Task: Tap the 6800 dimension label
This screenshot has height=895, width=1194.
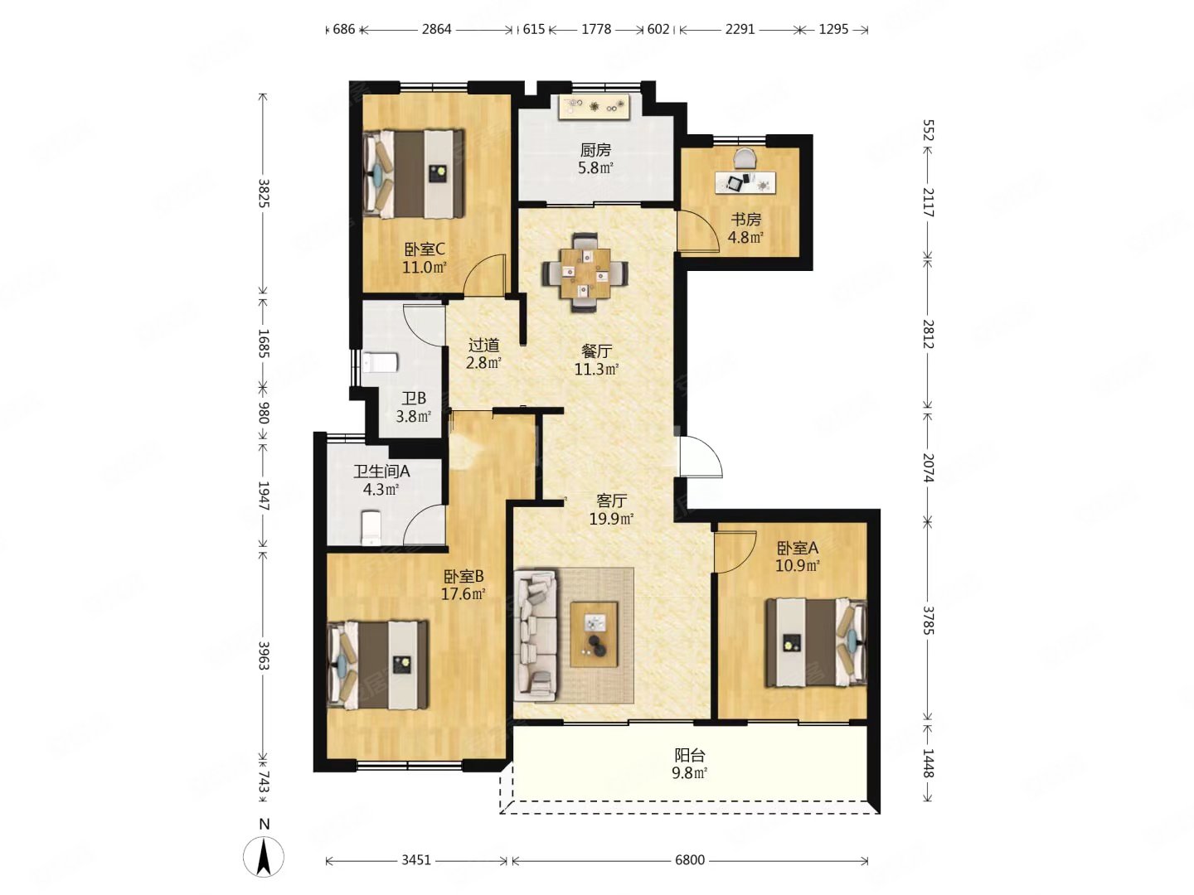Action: [689, 859]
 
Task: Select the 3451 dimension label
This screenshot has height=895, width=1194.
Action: [416, 859]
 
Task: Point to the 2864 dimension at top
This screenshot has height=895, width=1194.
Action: [436, 29]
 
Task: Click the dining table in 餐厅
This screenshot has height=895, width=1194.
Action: [585, 273]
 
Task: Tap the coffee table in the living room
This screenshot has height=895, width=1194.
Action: [594, 634]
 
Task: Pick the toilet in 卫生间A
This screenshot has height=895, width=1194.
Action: [371, 526]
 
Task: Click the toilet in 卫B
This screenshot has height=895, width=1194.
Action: [381, 362]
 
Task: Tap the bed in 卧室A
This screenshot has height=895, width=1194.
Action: [815, 642]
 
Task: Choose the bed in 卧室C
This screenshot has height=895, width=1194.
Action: [414, 174]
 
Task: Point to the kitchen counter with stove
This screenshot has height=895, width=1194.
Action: [595, 106]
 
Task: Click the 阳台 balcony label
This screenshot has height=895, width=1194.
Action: [689, 755]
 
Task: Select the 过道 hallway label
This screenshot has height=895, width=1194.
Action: [483, 345]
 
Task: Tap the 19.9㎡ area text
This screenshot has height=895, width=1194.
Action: [611, 519]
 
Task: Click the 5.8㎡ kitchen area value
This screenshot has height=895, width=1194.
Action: [595, 167]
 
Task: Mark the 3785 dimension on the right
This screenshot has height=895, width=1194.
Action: [928, 621]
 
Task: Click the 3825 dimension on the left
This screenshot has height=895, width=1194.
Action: [264, 193]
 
